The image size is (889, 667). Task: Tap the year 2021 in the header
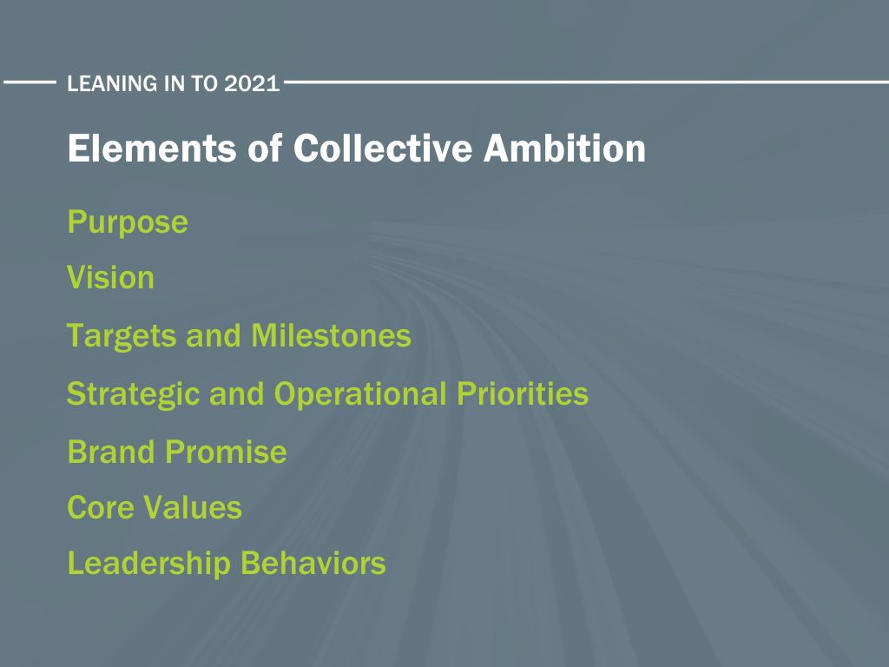tap(252, 83)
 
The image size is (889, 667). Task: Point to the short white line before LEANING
tap(30, 83)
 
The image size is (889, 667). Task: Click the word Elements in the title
tap(152, 149)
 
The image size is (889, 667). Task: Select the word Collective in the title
tap(383, 149)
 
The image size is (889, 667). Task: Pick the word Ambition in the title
tap(564, 149)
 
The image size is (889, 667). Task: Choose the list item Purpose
tap(128, 222)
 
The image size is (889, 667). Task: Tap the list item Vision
tap(110, 278)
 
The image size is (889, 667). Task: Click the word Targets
tap(122, 336)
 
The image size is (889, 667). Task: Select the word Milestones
tap(331, 336)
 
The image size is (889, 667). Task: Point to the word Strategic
tap(133, 395)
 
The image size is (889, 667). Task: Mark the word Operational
tap(360, 395)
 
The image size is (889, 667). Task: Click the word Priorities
tap(523, 393)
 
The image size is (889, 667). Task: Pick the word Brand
tap(111, 452)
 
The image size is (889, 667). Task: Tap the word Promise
tap(227, 452)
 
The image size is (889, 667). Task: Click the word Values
tap(193, 507)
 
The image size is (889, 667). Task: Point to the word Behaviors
tap(313, 564)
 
